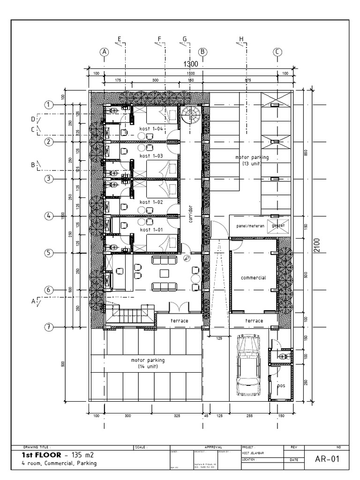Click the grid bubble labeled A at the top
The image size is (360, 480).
(104, 52)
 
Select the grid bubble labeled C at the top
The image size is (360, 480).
(277, 52)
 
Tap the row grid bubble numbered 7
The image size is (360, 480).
(49, 327)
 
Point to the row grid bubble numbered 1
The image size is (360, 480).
(49, 105)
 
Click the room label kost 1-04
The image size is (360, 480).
(151, 128)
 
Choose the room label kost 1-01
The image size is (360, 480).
(151, 230)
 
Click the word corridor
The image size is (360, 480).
(190, 213)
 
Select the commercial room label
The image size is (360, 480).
(253, 277)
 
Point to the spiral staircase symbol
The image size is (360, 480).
(191, 114)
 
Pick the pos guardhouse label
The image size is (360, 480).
(281, 386)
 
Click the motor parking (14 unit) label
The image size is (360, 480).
(148, 363)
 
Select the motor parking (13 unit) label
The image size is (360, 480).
(252, 161)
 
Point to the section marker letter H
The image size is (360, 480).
(241, 39)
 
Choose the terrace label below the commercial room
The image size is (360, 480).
(253, 321)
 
